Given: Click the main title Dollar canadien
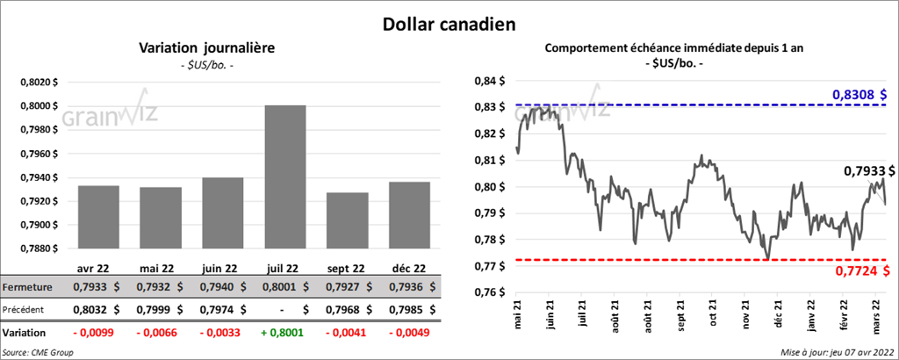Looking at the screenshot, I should [449, 23].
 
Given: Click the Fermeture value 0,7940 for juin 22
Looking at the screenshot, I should [219, 286].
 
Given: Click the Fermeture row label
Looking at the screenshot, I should [27, 286].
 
